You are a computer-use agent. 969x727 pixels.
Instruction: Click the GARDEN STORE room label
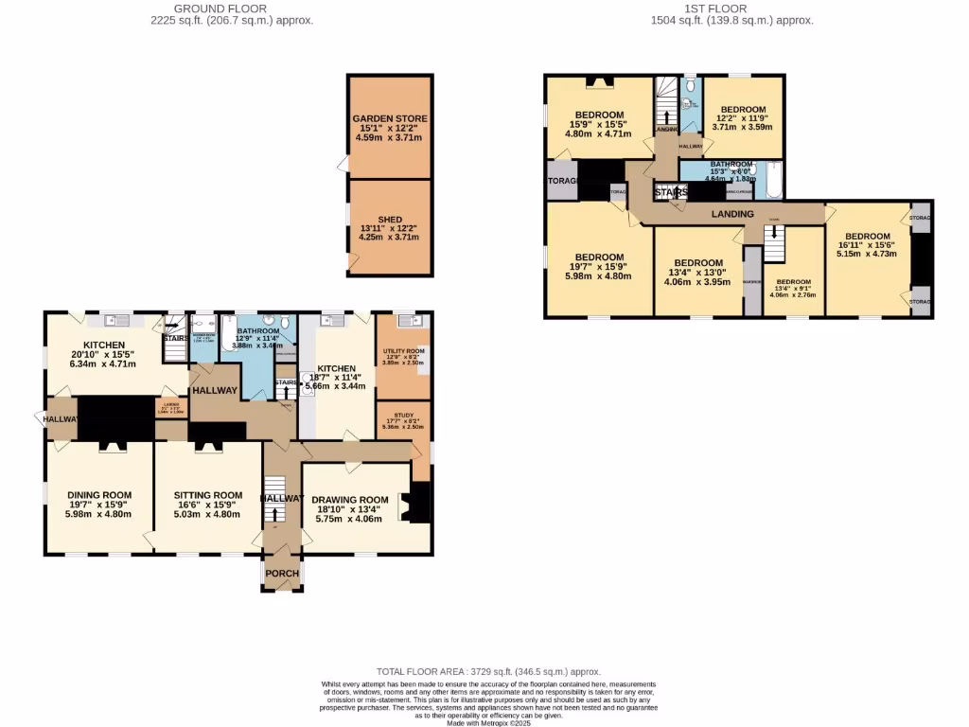pos(390,118)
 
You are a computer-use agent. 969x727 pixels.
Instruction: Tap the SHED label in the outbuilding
pos(390,219)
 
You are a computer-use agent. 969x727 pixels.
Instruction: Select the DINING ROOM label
pos(98,494)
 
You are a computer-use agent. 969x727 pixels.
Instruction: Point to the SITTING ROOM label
pos(208,494)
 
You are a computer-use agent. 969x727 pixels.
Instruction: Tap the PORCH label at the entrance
pos(282,574)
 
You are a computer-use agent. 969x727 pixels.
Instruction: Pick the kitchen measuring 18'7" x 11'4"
pos(336,368)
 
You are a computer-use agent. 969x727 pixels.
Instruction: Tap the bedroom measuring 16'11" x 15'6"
pos(867,236)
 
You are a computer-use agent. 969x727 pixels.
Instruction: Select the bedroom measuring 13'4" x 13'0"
pos(698,263)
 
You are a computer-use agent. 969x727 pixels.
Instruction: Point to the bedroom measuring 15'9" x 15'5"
pos(598,115)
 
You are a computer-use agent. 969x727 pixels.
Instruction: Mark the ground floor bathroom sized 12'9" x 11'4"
pos(257,331)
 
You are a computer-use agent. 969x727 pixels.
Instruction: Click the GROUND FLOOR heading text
pos(232,8)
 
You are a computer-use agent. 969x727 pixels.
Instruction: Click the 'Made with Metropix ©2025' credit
pos(489,723)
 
